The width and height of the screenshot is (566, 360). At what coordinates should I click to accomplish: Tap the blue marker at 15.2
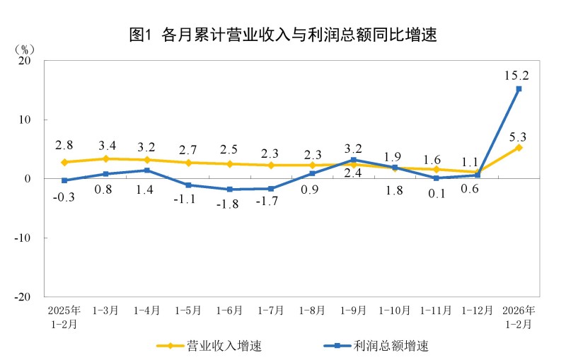519,89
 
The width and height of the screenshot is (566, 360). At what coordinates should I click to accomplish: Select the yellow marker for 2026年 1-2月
519,147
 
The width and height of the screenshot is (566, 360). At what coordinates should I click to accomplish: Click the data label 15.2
517,74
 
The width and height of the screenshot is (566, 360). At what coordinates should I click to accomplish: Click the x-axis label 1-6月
229,310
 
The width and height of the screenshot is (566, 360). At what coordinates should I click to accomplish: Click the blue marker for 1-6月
230,190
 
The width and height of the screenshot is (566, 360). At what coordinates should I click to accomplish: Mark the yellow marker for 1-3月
105,158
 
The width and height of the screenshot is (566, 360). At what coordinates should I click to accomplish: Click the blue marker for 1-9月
354,160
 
